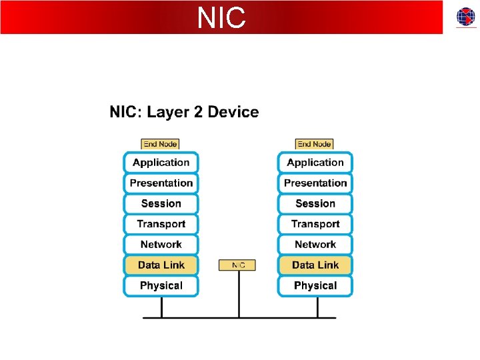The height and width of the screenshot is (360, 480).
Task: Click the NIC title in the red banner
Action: [221, 18]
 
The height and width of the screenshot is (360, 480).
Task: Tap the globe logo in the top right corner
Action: [466, 17]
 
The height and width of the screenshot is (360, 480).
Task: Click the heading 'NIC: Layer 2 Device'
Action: [184, 112]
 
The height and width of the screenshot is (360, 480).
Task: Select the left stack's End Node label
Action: [161, 144]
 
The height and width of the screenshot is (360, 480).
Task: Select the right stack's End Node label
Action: [315, 144]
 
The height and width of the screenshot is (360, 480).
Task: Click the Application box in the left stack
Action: [161, 163]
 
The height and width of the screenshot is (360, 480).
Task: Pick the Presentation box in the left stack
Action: [161, 183]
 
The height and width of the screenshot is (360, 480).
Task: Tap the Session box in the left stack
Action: [161, 204]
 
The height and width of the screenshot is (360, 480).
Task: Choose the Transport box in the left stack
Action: [161, 224]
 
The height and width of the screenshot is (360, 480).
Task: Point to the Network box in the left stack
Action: [161, 245]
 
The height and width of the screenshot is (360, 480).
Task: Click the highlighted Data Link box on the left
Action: [161, 265]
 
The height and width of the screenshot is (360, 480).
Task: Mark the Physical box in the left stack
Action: [161, 286]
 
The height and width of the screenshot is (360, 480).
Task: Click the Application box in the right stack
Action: [315, 163]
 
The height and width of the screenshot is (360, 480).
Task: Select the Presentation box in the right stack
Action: [315, 183]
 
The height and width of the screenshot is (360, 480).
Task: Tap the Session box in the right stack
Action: [315, 204]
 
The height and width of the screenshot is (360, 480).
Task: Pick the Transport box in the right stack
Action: [315, 224]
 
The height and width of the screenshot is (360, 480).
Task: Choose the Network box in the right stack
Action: [315, 245]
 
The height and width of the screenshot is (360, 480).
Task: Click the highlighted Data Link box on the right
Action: [315, 265]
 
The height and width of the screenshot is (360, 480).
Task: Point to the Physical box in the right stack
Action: [315, 286]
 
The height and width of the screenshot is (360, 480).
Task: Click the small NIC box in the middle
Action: [237, 265]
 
